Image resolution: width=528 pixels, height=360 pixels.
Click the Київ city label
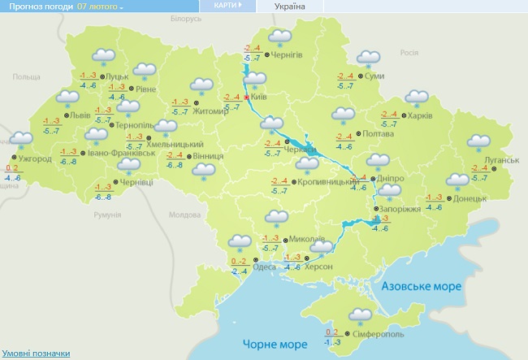(260, 97)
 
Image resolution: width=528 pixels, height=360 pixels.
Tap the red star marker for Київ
(247, 97)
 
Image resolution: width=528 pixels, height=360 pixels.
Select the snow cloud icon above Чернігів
(280, 37)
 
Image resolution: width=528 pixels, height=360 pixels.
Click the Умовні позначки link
(35, 353)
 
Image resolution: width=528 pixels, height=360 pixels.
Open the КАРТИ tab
(227, 6)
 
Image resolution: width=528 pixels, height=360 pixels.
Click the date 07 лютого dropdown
(100, 7)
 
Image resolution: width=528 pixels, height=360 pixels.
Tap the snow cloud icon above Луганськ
(479, 143)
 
